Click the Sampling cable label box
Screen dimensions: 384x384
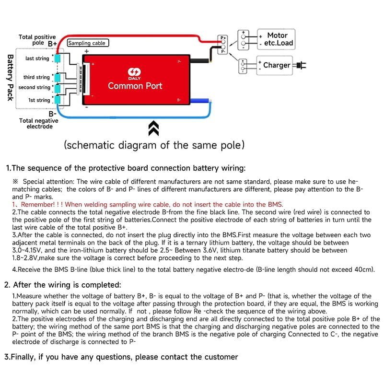tap(87, 43)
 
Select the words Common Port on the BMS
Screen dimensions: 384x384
tap(135, 86)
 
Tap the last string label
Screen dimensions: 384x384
tap(37, 58)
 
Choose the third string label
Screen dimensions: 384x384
tap(36, 77)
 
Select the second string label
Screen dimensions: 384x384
tap(34, 88)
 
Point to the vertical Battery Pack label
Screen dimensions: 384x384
tap(10, 77)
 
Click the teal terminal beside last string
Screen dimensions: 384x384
tap(58, 58)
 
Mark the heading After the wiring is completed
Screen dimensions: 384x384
tap(67, 285)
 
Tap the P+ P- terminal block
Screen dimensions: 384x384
tap(222, 44)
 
